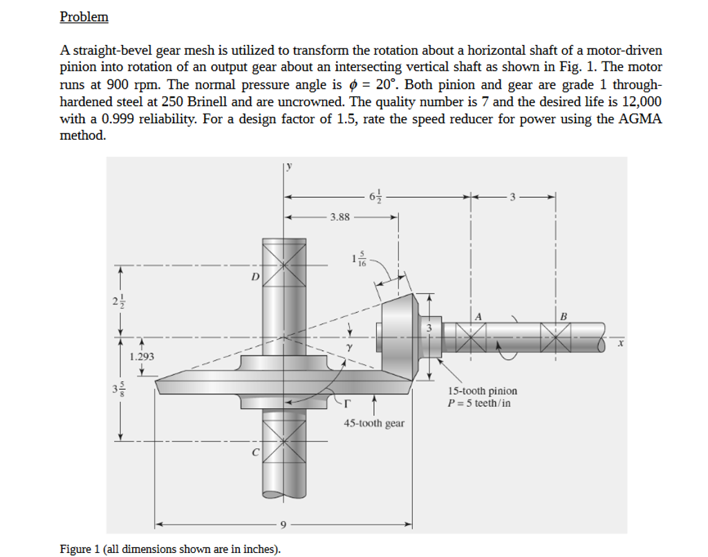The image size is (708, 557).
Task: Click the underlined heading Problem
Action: tap(84, 17)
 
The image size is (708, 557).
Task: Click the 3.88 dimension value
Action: tap(339, 217)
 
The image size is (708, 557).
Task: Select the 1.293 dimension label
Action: tap(142, 356)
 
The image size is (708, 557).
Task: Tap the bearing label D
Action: tap(255, 277)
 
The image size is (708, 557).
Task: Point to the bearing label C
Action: tap(255, 453)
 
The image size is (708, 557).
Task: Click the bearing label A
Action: tap(477, 316)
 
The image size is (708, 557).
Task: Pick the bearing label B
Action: tap(563, 316)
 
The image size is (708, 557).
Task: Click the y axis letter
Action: tap(290, 166)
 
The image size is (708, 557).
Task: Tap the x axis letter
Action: tap(620, 341)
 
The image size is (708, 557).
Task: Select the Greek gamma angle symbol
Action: tap(351, 346)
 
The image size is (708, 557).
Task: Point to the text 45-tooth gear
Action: tap(374, 423)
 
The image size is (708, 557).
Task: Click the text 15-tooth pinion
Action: tap(482, 391)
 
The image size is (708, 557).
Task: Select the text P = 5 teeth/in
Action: tap(479, 403)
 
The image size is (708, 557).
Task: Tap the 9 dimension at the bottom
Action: tap(283, 524)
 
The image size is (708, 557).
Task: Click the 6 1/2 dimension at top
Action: tap(375, 197)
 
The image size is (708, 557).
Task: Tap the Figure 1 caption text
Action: tap(171, 549)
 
